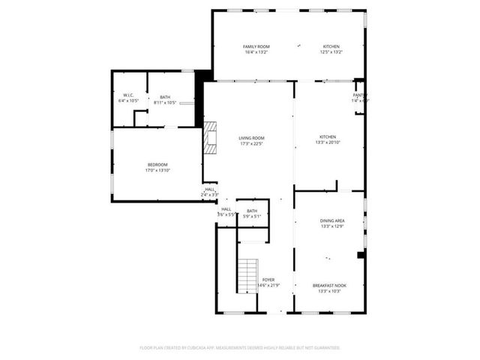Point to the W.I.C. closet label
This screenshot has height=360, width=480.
(129, 95)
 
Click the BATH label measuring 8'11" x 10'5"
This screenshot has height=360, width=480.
(165, 95)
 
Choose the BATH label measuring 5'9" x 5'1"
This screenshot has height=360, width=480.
(252, 211)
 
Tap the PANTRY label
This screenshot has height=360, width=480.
(360, 95)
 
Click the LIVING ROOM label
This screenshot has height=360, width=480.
(251, 138)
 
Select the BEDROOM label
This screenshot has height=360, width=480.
(157, 164)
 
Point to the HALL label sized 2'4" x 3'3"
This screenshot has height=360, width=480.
(210, 190)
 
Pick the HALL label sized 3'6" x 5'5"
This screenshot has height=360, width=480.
(226, 209)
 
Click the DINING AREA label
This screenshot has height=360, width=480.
(331, 220)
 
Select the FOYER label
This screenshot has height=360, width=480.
(268, 280)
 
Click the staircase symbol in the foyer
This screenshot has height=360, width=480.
(247, 277)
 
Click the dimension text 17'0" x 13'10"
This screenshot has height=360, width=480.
(157, 170)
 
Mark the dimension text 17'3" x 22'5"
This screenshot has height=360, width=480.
(251, 144)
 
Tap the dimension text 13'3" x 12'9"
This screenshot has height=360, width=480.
(331, 226)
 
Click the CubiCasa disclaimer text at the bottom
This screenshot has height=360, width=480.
(240, 348)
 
